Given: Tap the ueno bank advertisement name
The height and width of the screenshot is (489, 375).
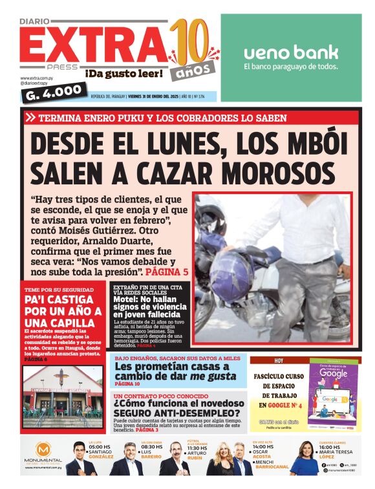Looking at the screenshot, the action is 291,52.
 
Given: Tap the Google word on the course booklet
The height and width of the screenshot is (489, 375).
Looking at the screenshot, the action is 334,374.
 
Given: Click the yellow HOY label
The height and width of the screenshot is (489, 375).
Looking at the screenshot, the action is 279,360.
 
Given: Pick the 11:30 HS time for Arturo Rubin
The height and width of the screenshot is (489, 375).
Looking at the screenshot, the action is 197,448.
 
